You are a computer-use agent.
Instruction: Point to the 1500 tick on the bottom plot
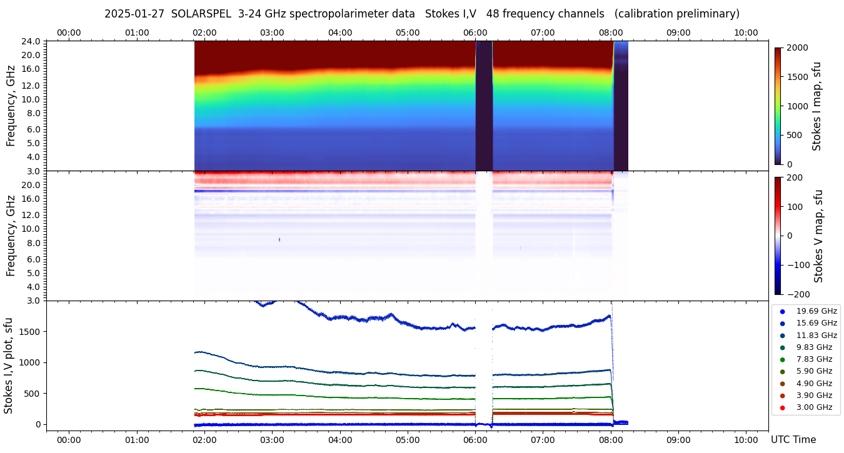[29, 332]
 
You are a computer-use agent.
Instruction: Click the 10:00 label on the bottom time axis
[745, 440]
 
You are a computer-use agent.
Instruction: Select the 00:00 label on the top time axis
[69, 32]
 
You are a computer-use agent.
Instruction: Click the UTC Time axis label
[793, 440]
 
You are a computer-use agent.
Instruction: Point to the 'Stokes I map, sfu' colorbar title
[816, 106]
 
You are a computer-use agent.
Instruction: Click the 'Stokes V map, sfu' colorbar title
[818, 236]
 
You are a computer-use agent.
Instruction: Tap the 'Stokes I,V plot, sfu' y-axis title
[9, 366]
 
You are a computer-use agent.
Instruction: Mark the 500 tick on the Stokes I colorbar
[793, 136]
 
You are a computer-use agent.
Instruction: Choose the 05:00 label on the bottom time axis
[408, 440]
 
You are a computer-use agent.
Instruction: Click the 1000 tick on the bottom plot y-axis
[29, 362]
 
